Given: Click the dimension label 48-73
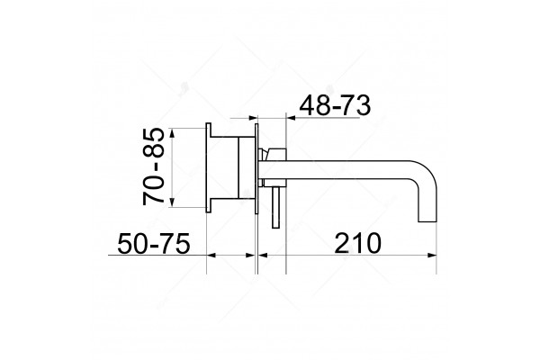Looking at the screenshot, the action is [335, 105].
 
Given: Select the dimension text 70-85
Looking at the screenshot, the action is [153, 166].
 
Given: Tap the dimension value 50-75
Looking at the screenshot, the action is [154, 243].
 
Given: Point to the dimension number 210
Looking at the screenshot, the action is [358, 243].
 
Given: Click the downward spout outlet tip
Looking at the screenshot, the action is [427, 220].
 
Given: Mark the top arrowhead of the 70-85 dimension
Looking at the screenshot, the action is [173, 132].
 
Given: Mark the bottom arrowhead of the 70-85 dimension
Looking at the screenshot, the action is [173, 202].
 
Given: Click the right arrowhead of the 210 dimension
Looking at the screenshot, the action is [432, 256].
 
